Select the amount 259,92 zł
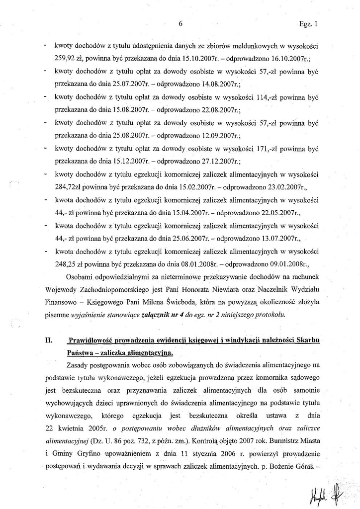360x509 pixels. tap(70, 58)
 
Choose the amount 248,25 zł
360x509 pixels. tap(72, 264)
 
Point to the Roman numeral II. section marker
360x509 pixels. tap(48, 340)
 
